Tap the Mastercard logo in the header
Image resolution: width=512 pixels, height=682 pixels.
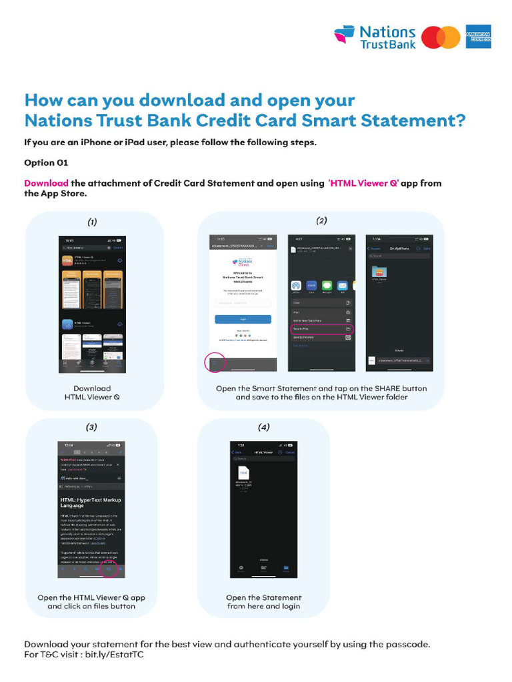click(x=441, y=37)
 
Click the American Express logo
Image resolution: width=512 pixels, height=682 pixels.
click(x=479, y=37)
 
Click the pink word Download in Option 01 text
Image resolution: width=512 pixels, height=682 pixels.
click(x=46, y=183)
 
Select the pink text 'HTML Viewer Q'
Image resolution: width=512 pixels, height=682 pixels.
click(x=363, y=183)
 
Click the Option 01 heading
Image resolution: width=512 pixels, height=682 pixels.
click(x=46, y=163)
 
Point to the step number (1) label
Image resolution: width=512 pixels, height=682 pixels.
click(x=93, y=221)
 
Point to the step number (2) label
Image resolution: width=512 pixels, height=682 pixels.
click(x=321, y=220)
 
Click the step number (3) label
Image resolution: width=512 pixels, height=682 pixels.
click(x=92, y=427)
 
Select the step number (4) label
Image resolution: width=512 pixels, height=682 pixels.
click(x=264, y=427)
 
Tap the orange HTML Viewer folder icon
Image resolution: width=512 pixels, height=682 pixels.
click(x=379, y=272)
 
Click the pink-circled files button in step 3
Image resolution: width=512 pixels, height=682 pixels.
click(x=107, y=569)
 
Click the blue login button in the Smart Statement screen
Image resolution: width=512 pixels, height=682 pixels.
click(x=243, y=319)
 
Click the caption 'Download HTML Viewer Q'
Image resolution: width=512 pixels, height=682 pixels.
click(x=93, y=393)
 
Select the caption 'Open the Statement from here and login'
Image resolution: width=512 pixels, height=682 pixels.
click(x=263, y=601)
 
